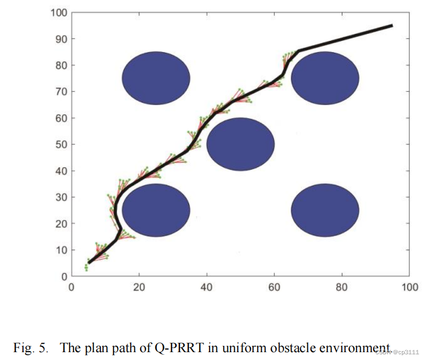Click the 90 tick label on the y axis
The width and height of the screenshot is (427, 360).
coord(60,39)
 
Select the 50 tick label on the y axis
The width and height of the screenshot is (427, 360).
coord(60,145)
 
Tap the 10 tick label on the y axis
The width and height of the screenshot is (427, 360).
coord(60,250)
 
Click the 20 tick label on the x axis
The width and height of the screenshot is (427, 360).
coord(139,287)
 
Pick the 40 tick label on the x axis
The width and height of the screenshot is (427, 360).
coord(207,287)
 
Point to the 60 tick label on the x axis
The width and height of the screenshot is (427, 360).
coord(274,287)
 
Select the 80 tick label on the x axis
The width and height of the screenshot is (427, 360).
coord(342,287)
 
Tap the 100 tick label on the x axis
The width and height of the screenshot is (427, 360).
coord(409,287)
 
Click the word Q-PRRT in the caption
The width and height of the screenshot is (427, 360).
coord(180,349)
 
